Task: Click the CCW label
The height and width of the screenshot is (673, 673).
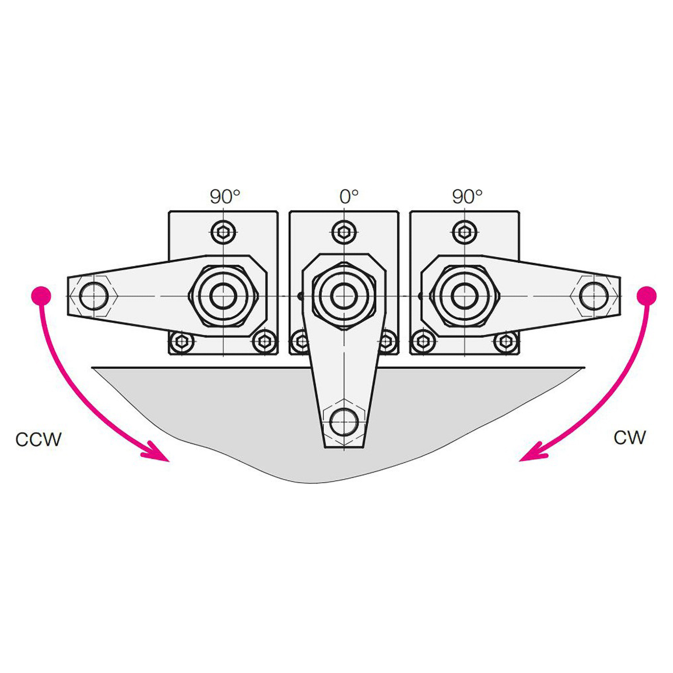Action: click(x=38, y=439)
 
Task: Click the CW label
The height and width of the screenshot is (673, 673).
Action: click(x=629, y=437)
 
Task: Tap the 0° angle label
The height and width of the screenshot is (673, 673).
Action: click(x=349, y=197)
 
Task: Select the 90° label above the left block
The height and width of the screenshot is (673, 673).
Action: click(x=225, y=197)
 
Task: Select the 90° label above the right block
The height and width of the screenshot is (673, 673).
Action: click(x=467, y=197)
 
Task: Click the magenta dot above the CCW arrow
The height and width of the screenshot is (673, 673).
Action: click(x=40, y=295)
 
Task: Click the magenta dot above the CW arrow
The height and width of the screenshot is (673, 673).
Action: click(x=647, y=295)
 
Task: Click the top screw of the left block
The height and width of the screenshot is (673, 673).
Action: click(x=224, y=231)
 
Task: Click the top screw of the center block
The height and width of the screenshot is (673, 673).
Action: click(x=344, y=231)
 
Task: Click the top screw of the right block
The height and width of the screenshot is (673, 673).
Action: click(x=465, y=231)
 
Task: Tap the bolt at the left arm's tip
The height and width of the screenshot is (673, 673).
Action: click(x=94, y=295)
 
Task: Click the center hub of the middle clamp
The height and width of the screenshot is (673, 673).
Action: click(x=344, y=294)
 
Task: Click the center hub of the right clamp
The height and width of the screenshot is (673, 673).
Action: click(x=464, y=294)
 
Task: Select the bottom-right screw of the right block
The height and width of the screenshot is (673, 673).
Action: click(x=505, y=341)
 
